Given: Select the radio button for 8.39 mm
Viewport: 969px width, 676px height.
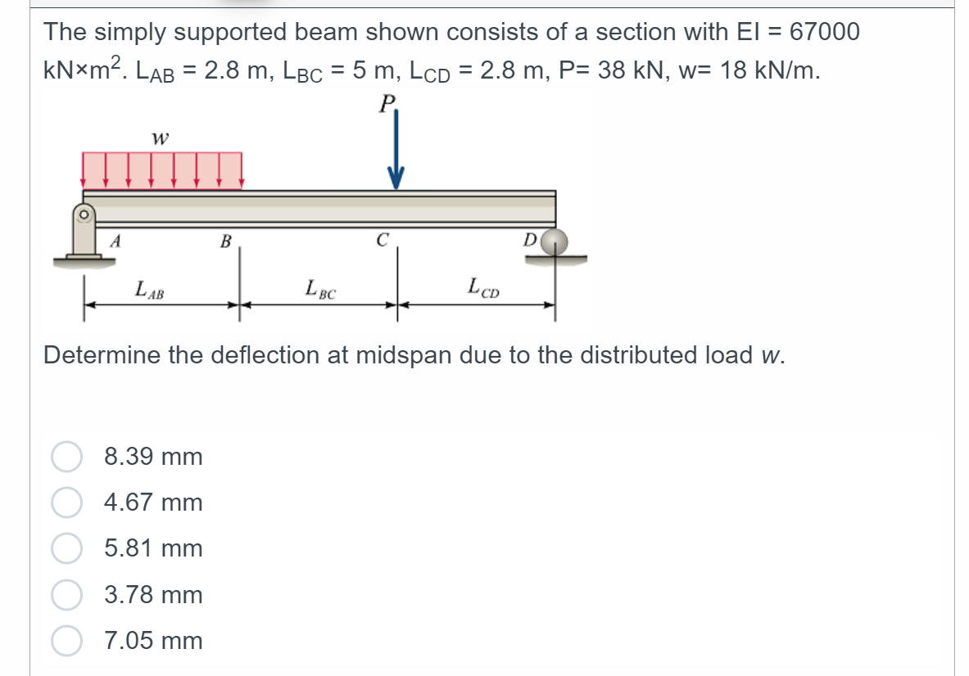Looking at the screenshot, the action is (67, 457).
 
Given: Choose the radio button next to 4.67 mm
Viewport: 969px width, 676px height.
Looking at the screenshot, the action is (67, 502).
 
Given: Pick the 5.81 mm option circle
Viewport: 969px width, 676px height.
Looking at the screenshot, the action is (67, 548).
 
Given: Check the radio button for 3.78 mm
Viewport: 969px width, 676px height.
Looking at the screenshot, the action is (67, 595).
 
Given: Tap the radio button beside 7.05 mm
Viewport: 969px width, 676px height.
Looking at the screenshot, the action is (67, 641).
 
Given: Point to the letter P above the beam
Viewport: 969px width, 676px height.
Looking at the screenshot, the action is (387, 103).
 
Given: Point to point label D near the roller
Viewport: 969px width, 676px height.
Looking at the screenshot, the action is (529, 240).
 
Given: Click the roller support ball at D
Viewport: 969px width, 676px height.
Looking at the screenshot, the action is (555, 241).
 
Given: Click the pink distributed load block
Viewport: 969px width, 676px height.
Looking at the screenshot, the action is (162, 170).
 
